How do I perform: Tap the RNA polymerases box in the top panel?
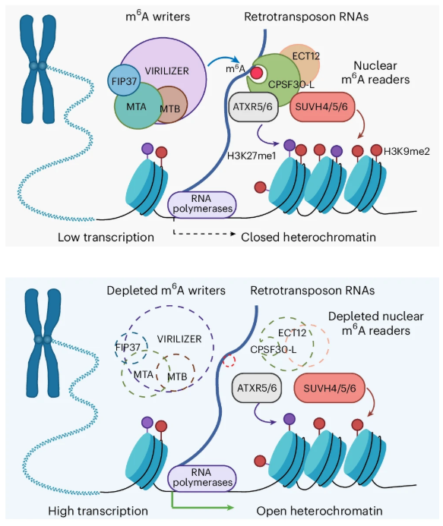tap(201, 204)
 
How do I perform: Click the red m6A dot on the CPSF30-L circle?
tap(258, 73)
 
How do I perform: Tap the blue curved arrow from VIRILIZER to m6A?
tap(220, 60)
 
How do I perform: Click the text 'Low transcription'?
tap(106, 238)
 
